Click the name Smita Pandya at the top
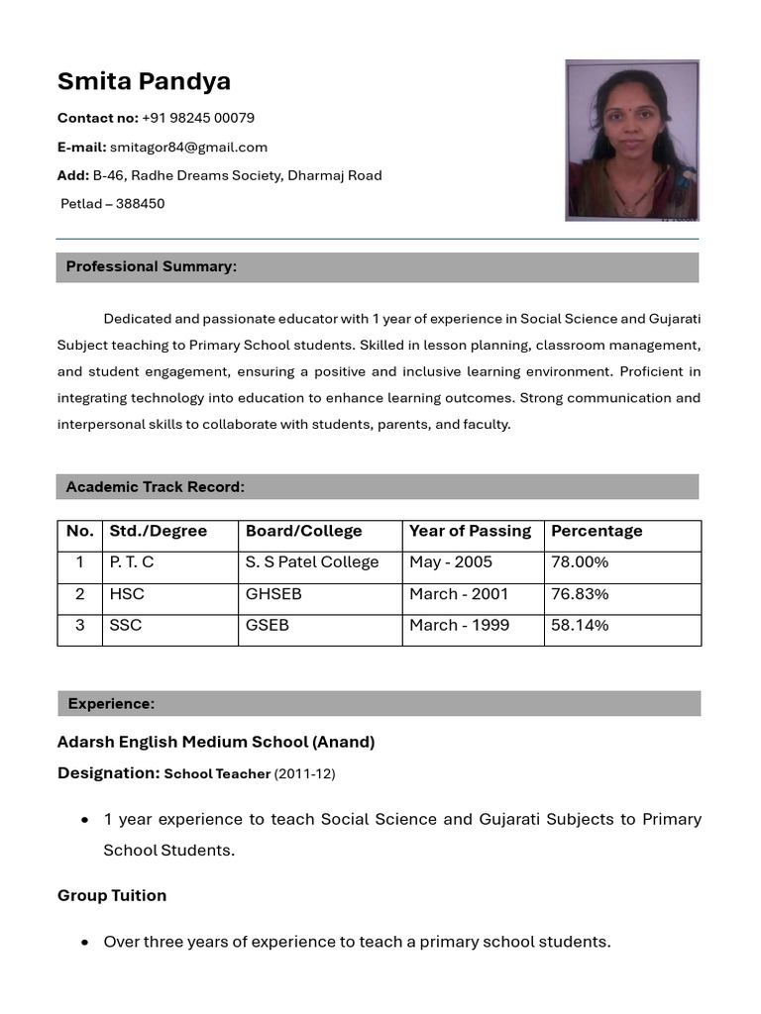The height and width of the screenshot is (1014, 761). coord(144,81)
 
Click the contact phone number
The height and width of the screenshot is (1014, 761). coord(198,118)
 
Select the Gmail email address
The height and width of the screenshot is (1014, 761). coord(188,148)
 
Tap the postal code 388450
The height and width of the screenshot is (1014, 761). coord(140,204)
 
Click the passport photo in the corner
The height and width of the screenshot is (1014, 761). coord(631,140)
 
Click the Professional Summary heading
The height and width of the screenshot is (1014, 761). coord(152,266)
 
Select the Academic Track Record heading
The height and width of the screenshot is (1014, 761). coord(156,487)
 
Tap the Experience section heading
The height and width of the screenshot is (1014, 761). coord(111,704)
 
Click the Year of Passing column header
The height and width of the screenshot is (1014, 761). coord(470,532)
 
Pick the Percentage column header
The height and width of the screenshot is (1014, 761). coord(597,532)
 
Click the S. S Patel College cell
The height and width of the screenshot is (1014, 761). coord(312,562)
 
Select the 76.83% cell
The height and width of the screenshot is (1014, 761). coord(580,594)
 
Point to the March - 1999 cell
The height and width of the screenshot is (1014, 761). coord(459,626)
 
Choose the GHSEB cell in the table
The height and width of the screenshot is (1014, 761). coord(273,594)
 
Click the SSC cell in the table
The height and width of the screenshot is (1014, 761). coord(126,626)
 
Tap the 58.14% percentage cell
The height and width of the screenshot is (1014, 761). coord(580,626)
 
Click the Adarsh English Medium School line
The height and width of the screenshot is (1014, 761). coord(216,742)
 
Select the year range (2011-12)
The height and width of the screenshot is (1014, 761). coord(304,774)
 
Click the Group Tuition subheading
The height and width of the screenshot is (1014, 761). coord(112,895)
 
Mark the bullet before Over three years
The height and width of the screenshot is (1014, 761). coord(85,943)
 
